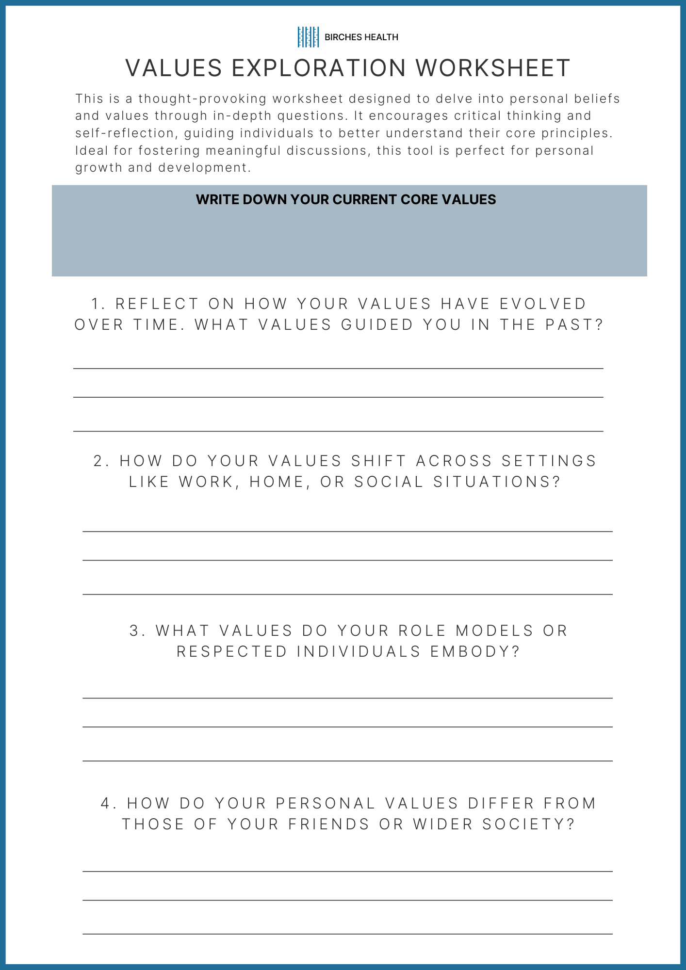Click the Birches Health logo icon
coord(308,37)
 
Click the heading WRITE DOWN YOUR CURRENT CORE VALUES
coord(346,200)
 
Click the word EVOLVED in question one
coord(543,304)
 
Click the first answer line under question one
coord(338,369)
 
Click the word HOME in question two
coord(276,482)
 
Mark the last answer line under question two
coord(347,594)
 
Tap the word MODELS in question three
coord(494,631)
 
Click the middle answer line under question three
coord(347,727)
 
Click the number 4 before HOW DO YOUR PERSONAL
coord(106,804)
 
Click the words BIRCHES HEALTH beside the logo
coord(361,37)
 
